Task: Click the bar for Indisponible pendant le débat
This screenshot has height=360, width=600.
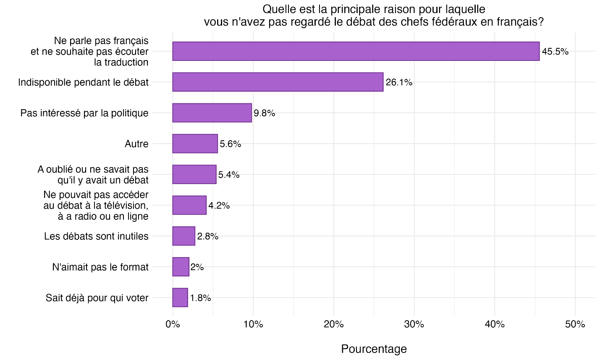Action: tap(278, 82)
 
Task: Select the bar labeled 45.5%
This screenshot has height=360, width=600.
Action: tap(356, 51)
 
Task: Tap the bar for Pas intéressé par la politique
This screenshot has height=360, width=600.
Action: tap(212, 113)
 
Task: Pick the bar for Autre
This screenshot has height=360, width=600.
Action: tap(195, 144)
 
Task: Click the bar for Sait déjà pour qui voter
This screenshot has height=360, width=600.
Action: tap(180, 298)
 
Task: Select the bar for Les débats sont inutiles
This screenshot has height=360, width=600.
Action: tap(183, 236)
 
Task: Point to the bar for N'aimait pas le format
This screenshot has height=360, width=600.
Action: tap(181, 267)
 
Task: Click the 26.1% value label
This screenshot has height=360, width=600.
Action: tap(399, 82)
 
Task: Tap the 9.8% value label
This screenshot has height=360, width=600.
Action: tap(265, 113)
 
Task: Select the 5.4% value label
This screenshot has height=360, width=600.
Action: tap(229, 175)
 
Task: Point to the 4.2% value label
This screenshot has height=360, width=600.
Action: tap(219, 205)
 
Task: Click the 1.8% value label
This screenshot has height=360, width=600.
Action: tap(200, 298)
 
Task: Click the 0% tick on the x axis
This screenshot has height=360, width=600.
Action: tap(173, 324)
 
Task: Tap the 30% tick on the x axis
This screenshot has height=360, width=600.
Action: tap(414, 324)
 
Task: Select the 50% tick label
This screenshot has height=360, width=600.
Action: tap(575, 324)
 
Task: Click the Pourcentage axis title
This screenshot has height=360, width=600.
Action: tap(374, 349)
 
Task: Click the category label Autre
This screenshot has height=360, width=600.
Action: tap(136, 144)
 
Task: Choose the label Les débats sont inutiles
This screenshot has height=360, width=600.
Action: tap(96, 236)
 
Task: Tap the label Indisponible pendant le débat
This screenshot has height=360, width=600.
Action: tap(83, 82)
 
